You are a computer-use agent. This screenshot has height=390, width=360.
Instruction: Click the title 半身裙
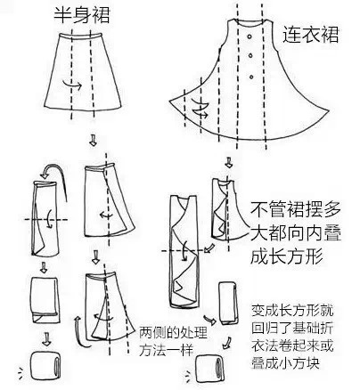(82, 15)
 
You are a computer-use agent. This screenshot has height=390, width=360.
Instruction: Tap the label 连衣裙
(310, 35)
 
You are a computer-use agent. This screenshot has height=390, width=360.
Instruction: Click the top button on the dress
(250, 37)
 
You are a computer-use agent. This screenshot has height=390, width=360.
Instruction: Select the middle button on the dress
(250, 55)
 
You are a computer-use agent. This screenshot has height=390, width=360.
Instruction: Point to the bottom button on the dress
(251, 77)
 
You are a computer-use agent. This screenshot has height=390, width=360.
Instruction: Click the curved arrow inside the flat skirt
(72, 85)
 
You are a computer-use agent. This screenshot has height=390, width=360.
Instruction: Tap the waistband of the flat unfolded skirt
(79, 37)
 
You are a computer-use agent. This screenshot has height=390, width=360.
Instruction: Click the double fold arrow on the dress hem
(200, 109)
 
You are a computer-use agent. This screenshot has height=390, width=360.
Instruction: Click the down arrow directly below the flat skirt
(93, 140)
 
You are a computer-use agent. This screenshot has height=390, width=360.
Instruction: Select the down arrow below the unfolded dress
(228, 162)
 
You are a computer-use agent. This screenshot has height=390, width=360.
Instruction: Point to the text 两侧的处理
(173, 333)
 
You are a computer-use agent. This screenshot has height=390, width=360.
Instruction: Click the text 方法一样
(167, 350)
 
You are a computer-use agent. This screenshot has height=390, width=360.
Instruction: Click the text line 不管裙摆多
(295, 209)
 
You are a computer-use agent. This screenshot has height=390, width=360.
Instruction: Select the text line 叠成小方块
(285, 362)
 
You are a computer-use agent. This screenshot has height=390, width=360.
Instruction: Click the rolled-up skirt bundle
(45, 365)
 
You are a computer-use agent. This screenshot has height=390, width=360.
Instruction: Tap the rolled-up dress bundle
(210, 369)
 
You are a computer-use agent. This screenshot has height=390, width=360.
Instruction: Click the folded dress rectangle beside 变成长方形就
(228, 303)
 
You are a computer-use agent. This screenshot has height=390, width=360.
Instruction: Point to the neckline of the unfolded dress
(250, 22)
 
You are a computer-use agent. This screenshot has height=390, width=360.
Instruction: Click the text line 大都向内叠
(295, 232)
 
